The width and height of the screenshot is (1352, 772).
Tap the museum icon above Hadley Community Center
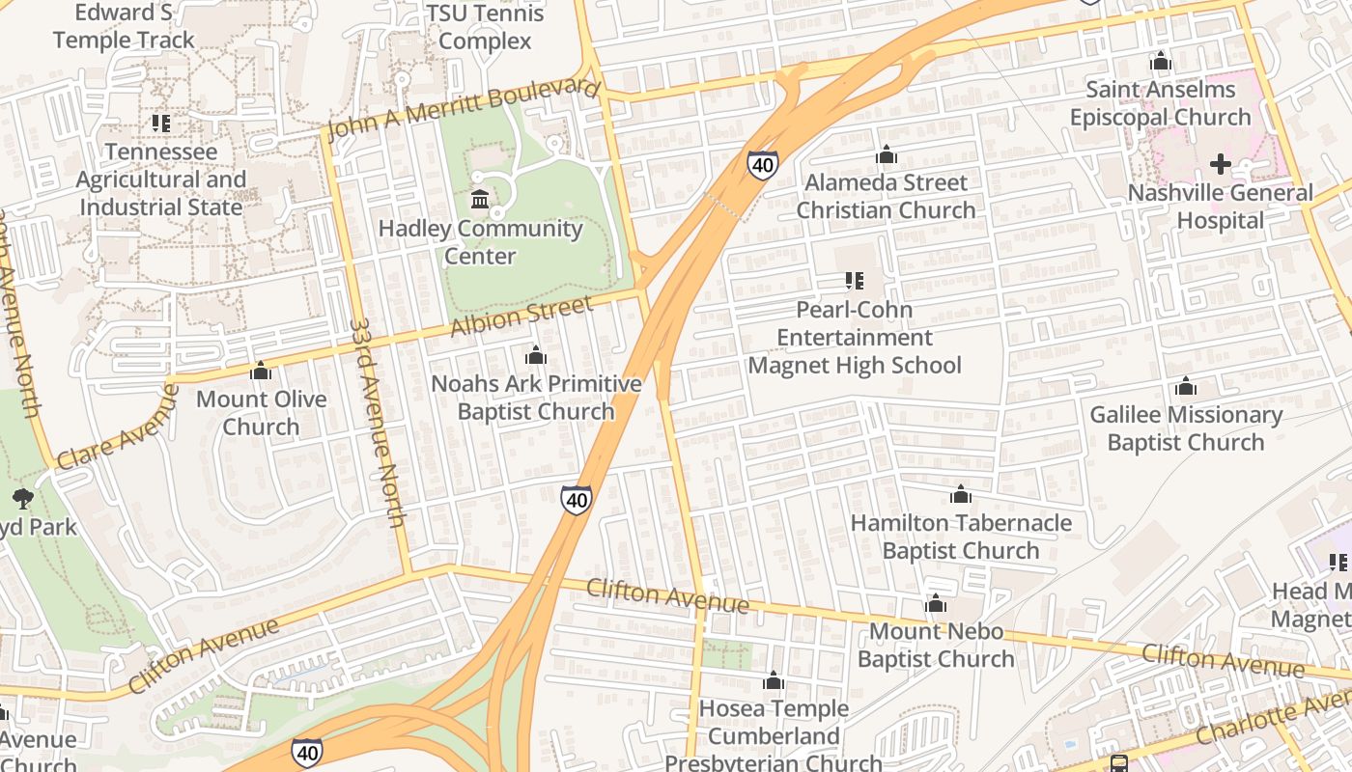479,200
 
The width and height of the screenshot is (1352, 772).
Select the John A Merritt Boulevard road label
463,109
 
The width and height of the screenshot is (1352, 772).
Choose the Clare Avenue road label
117,427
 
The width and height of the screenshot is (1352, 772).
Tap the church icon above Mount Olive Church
261,372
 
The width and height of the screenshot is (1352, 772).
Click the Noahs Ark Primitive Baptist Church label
536,398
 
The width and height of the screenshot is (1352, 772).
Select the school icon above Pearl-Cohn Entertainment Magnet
854,281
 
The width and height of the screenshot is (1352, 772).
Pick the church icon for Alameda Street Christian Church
886,155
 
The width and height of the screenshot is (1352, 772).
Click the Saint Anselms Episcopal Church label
1160,103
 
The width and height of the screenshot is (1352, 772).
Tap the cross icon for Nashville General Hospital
1221,164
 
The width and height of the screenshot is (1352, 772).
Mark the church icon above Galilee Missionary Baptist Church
1185,388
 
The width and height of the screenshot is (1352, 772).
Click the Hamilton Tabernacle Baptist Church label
961,537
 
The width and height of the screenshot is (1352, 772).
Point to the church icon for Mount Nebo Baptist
935,604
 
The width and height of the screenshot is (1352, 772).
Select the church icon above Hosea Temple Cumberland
773,681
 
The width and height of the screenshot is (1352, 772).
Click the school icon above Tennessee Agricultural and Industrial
161,124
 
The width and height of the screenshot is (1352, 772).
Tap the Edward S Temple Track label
124,27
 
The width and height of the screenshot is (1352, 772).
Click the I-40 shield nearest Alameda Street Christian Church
762,164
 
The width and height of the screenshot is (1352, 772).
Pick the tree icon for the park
22,499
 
